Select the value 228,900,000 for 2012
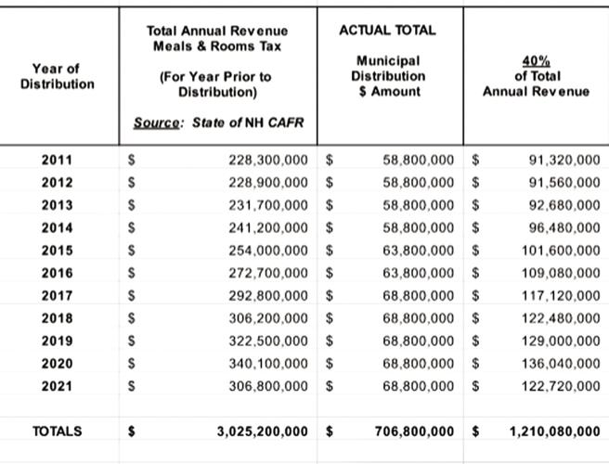pyautogui.click(x=268, y=183)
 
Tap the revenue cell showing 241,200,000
pyautogui.click(x=268, y=227)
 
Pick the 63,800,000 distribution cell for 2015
pyautogui.click(x=418, y=251)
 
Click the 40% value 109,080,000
pyautogui.click(x=561, y=273)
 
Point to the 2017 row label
pyautogui.click(x=57, y=295)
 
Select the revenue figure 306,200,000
pyautogui.click(x=268, y=317)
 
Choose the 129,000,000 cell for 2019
pyautogui.click(x=561, y=341)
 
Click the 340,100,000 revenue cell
pyautogui.click(x=268, y=363)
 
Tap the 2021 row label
pyautogui.click(x=57, y=385)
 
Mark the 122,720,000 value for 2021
pyautogui.click(x=561, y=385)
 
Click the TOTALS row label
pyautogui.click(x=57, y=432)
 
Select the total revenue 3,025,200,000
pyautogui.click(x=262, y=432)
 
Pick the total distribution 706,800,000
pyautogui.click(x=414, y=432)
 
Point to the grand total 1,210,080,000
pyautogui.click(x=555, y=432)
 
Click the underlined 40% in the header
pyautogui.click(x=535, y=60)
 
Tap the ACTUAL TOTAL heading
pyautogui.click(x=387, y=30)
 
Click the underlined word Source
pyautogui.click(x=155, y=122)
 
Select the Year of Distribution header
pyautogui.click(x=57, y=76)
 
